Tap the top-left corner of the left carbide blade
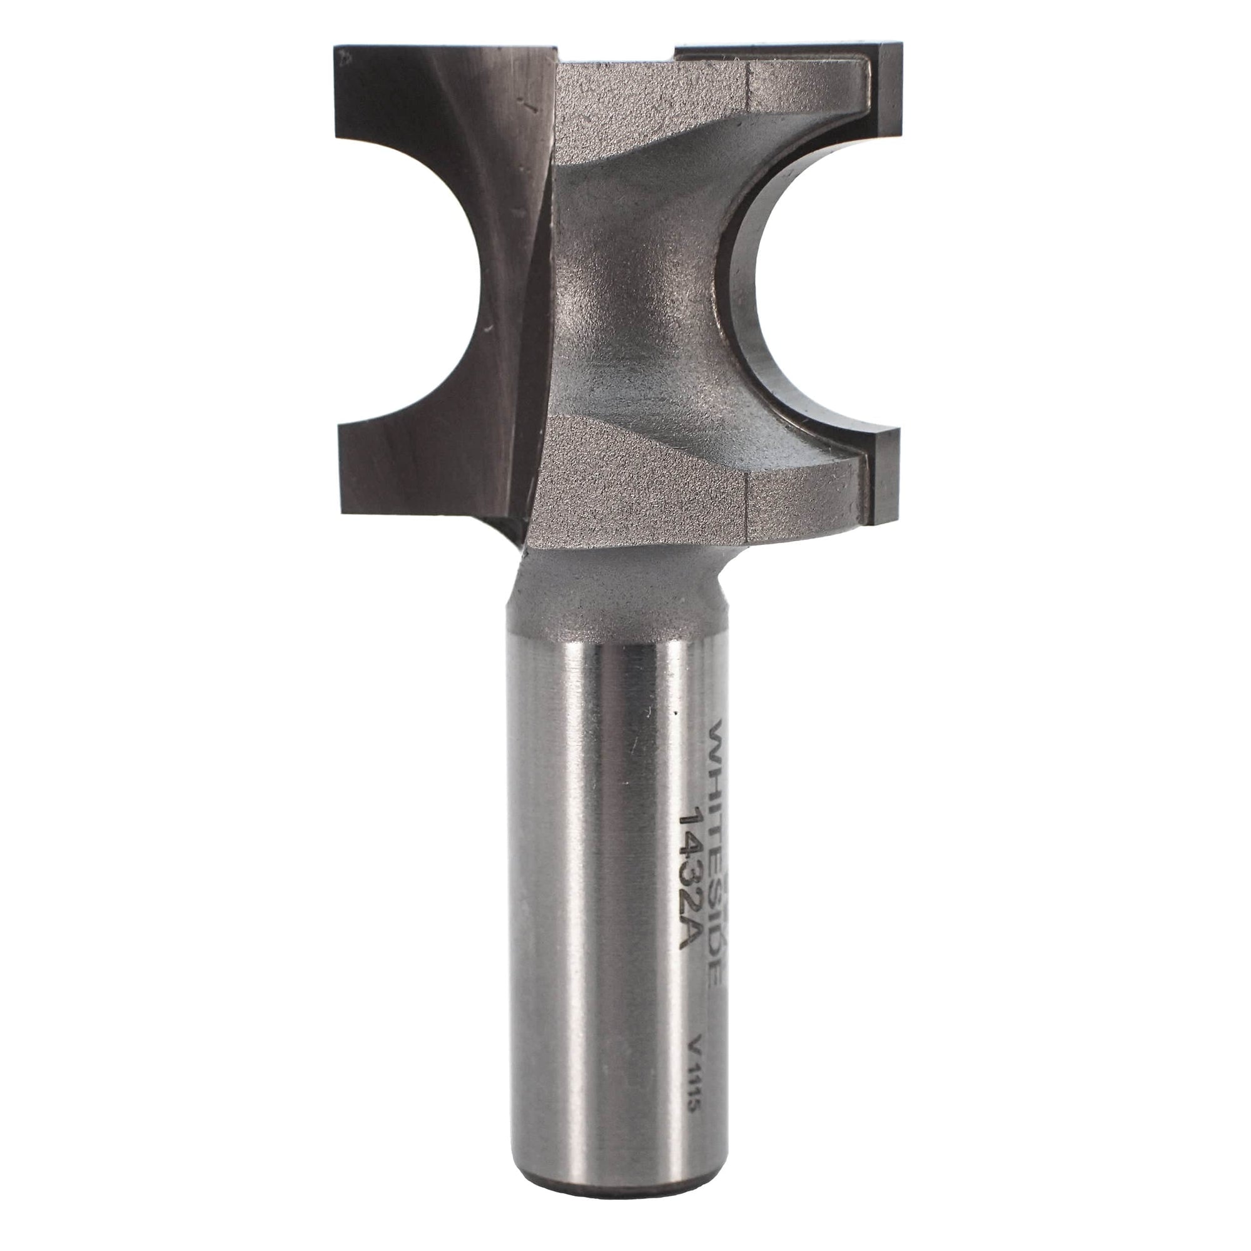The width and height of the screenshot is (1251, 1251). point(337,49)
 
